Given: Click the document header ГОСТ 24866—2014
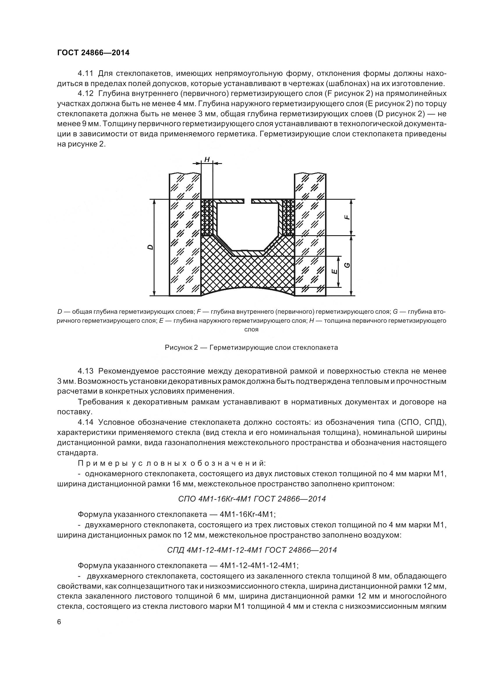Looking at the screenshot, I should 93,53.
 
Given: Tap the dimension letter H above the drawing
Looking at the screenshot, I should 207,160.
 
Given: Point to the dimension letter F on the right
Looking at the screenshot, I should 347,217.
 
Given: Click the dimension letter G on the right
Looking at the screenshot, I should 348,265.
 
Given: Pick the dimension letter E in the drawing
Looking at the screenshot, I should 334,272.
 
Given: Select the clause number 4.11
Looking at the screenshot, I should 85,73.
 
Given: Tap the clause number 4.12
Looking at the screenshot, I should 85,94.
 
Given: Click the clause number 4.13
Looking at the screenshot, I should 85,371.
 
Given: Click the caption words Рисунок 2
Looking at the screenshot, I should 181,347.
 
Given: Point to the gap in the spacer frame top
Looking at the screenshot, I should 248,201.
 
